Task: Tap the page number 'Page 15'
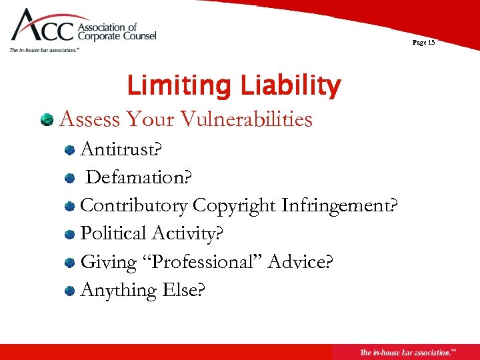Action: coord(423,42)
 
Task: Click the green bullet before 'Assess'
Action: coord(47,119)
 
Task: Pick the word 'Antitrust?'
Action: coord(121,149)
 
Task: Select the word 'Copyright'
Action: coord(235,205)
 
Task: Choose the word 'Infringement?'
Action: coord(340,205)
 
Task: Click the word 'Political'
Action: coord(113,233)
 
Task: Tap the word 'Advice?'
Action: coord(300,261)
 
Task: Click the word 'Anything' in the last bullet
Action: coord(116,290)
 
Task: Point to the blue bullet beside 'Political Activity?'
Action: coord(69,234)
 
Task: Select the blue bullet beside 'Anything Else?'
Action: coord(69,291)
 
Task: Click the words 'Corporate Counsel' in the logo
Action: coord(117,36)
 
